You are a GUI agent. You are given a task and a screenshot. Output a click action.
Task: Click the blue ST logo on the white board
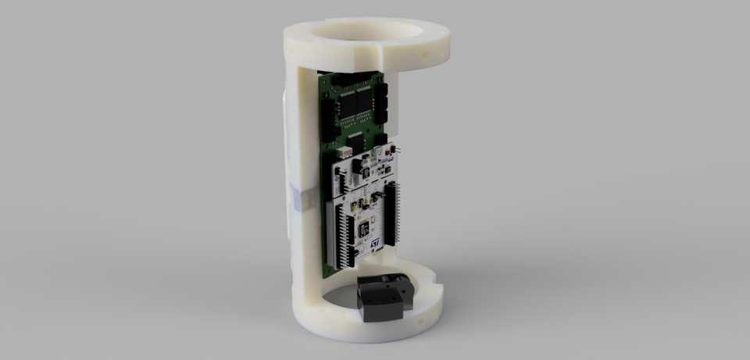376,245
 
